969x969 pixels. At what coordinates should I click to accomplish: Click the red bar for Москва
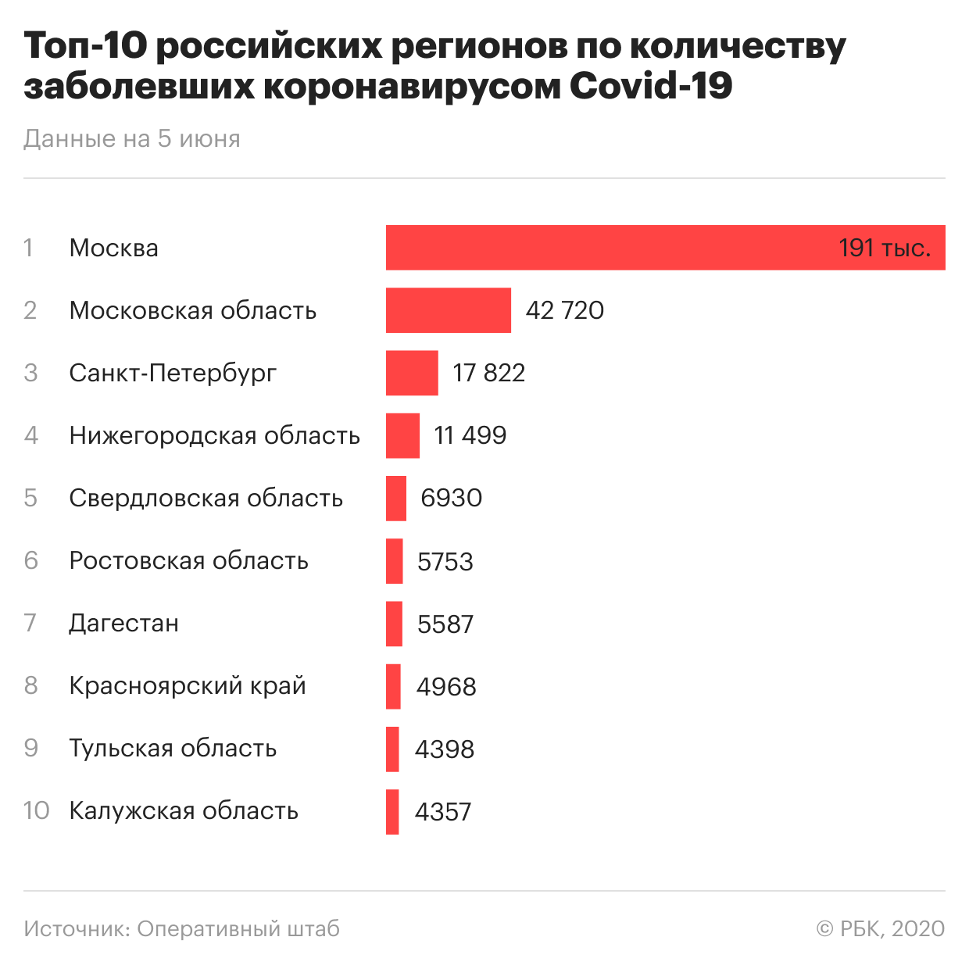[x=610, y=248]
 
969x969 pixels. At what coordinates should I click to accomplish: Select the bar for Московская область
[x=448, y=310]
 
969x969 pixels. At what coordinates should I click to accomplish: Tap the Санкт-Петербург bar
[x=412, y=373]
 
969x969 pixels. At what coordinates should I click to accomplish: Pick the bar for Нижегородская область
[x=402, y=435]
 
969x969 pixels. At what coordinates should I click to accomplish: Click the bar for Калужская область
[x=392, y=811]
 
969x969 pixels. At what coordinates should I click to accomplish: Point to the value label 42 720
[x=564, y=310]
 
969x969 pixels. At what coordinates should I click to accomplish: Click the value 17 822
[x=488, y=373]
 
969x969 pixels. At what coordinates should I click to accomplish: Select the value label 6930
[x=451, y=498]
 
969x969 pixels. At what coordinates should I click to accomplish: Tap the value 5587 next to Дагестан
[x=445, y=624]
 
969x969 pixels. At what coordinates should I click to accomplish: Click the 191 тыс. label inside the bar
[x=885, y=249]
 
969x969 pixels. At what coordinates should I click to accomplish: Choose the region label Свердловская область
[x=206, y=498]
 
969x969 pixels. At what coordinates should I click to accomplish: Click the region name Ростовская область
[x=188, y=560]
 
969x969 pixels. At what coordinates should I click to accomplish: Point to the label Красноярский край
[x=188, y=686]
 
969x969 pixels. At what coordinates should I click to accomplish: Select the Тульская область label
[x=173, y=748]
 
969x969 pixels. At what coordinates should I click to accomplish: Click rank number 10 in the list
[x=36, y=810]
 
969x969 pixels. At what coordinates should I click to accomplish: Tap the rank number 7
[x=30, y=623]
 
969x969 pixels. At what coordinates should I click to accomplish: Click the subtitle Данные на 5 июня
[x=132, y=138]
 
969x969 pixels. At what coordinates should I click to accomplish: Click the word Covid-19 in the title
[x=650, y=86]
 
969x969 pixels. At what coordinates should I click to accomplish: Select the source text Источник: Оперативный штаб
[x=181, y=928]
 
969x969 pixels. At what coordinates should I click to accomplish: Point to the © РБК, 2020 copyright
[x=880, y=928]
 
